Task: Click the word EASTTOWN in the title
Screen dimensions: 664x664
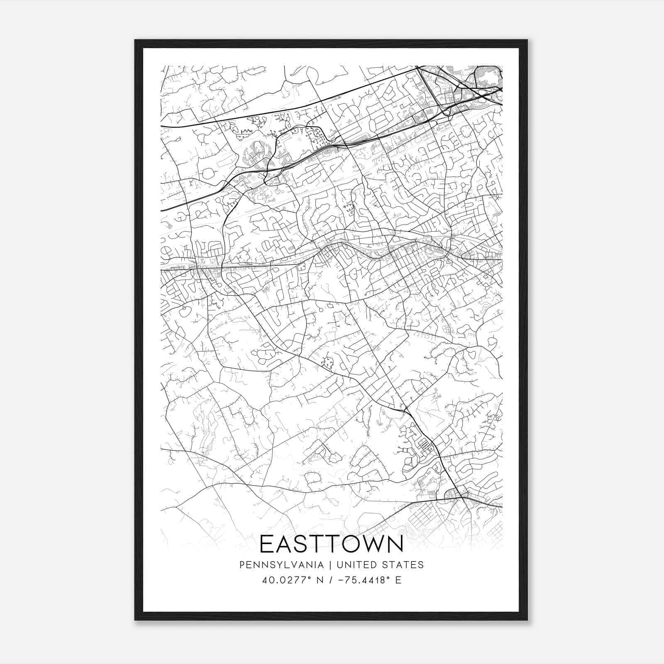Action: (332, 544)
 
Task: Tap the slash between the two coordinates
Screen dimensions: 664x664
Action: (332, 580)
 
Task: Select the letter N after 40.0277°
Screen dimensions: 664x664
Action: (320, 580)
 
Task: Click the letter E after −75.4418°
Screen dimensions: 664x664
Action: (398, 580)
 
